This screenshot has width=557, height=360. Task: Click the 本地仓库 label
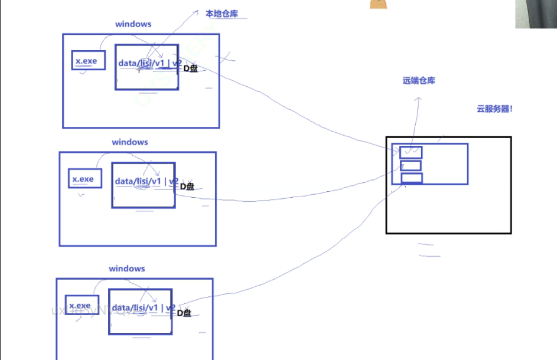point(222,14)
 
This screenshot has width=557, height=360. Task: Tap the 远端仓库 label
point(419,81)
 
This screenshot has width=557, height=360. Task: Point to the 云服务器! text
point(494,109)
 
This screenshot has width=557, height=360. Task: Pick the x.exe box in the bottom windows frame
point(81,305)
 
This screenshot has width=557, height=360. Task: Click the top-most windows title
point(133,24)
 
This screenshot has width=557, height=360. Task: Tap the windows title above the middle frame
point(130,142)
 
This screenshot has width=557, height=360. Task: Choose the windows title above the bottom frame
point(127,269)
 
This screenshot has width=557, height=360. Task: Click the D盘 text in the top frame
point(190,68)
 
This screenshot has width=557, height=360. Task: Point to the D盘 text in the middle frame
point(187,186)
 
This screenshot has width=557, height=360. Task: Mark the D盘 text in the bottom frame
point(184,313)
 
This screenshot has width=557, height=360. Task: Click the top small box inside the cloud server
point(411,153)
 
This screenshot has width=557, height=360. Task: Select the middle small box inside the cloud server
point(411,166)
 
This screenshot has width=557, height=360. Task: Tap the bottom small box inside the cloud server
point(412,178)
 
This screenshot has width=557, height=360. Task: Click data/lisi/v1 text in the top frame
point(141,63)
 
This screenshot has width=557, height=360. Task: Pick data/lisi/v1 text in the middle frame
point(138,181)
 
